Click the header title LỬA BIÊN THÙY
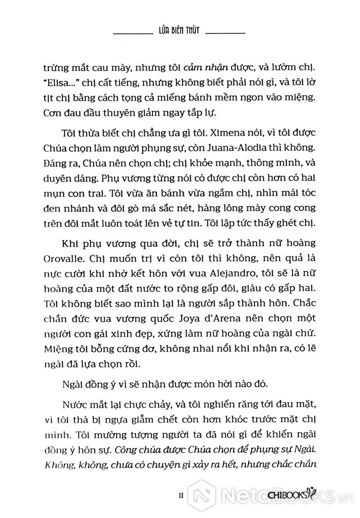coord(179,31)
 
